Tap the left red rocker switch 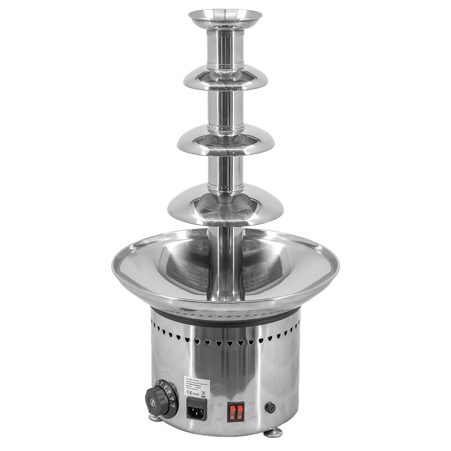pyautogui.click(x=231, y=412)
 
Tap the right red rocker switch pyautogui.click(x=240, y=412)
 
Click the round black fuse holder pyautogui.click(x=272, y=407)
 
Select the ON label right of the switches pyautogui.click(x=252, y=404)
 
